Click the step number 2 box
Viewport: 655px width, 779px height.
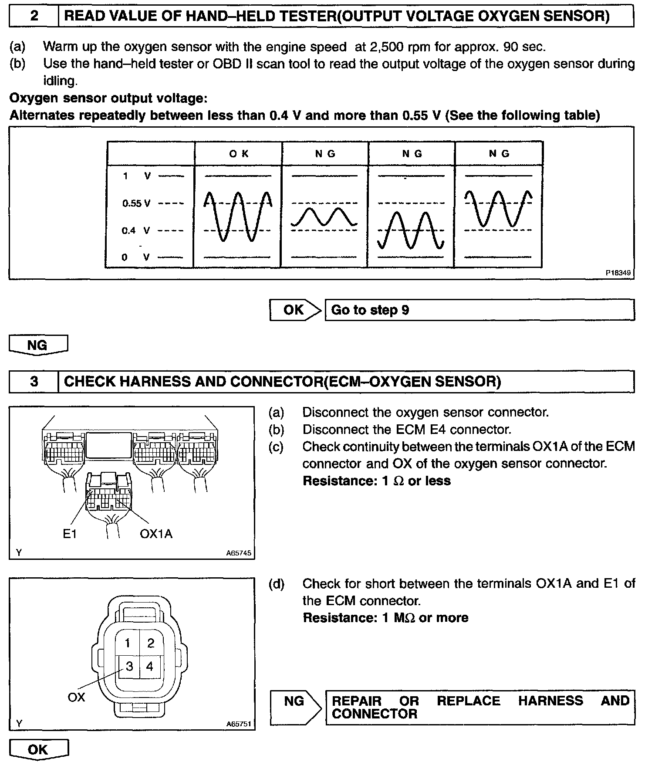point(34,17)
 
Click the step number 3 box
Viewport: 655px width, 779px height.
point(34,382)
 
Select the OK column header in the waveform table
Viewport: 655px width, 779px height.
point(238,154)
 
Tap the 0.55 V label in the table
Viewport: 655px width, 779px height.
point(136,203)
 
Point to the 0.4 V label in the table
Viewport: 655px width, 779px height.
point(135,230)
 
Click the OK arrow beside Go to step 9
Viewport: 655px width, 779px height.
point(294,310)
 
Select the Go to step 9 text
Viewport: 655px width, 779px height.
point(370,310)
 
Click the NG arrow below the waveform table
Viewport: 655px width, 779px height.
point(37,345)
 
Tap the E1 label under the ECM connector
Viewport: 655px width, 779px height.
point(70,533)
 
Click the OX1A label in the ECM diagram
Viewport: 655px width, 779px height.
point(156,533)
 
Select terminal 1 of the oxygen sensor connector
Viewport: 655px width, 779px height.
point(128,643)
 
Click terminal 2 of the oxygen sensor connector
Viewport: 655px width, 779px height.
point(151,643)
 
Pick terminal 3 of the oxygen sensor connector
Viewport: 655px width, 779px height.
point(129,666)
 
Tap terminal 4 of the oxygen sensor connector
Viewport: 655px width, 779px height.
point(150,666)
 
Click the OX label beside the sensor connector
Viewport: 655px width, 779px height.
point(76,698)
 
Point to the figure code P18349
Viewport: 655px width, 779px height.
point(618,273)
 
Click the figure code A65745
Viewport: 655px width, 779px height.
point(239,553)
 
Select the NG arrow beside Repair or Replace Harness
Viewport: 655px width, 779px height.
point(294,701)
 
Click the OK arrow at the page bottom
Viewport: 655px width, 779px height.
point(38,749)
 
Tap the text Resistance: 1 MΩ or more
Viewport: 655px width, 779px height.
point(385,618)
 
